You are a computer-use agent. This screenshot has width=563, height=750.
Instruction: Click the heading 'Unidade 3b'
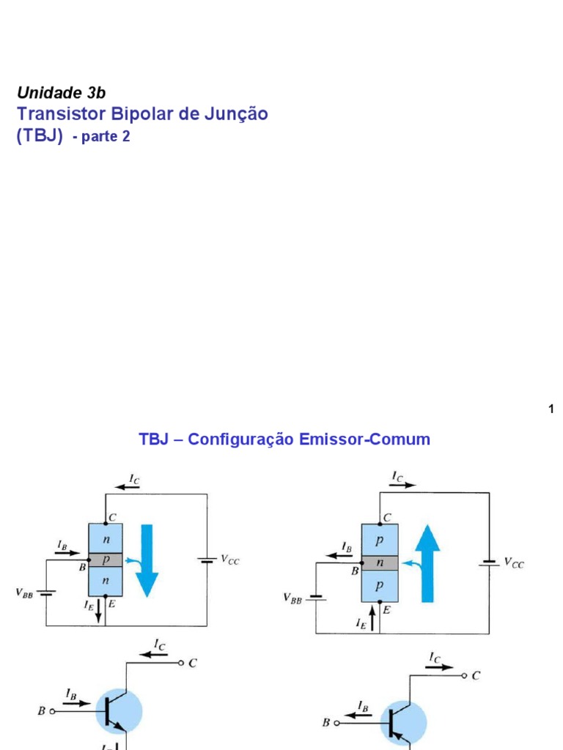tap(61, 92)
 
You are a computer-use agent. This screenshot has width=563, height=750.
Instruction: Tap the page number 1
tap(551, 409)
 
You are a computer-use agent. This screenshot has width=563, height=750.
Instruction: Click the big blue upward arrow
tap(427, 565)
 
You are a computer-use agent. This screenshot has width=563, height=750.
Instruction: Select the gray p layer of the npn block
tap(106, 559)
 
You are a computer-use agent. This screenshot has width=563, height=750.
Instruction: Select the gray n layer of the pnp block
tap(380, 562)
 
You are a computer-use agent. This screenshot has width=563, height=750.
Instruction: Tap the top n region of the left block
tap(106, 538)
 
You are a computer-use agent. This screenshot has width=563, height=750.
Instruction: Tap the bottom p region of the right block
tap(380, 585)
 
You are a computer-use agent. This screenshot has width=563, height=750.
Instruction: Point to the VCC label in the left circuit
tap(228, 561)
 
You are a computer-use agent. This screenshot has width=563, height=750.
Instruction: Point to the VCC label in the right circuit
tap(513, 563)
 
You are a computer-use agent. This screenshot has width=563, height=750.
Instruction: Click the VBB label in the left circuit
tap(24, 592)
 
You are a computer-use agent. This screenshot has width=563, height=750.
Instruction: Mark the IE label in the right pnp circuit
tap(361, 624)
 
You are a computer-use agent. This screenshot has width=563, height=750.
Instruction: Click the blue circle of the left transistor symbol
tap(119, 710)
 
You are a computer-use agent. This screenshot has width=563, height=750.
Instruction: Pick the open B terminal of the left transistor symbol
tap(52, 710)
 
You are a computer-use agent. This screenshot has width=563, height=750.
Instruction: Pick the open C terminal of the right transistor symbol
tap(464, 676)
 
